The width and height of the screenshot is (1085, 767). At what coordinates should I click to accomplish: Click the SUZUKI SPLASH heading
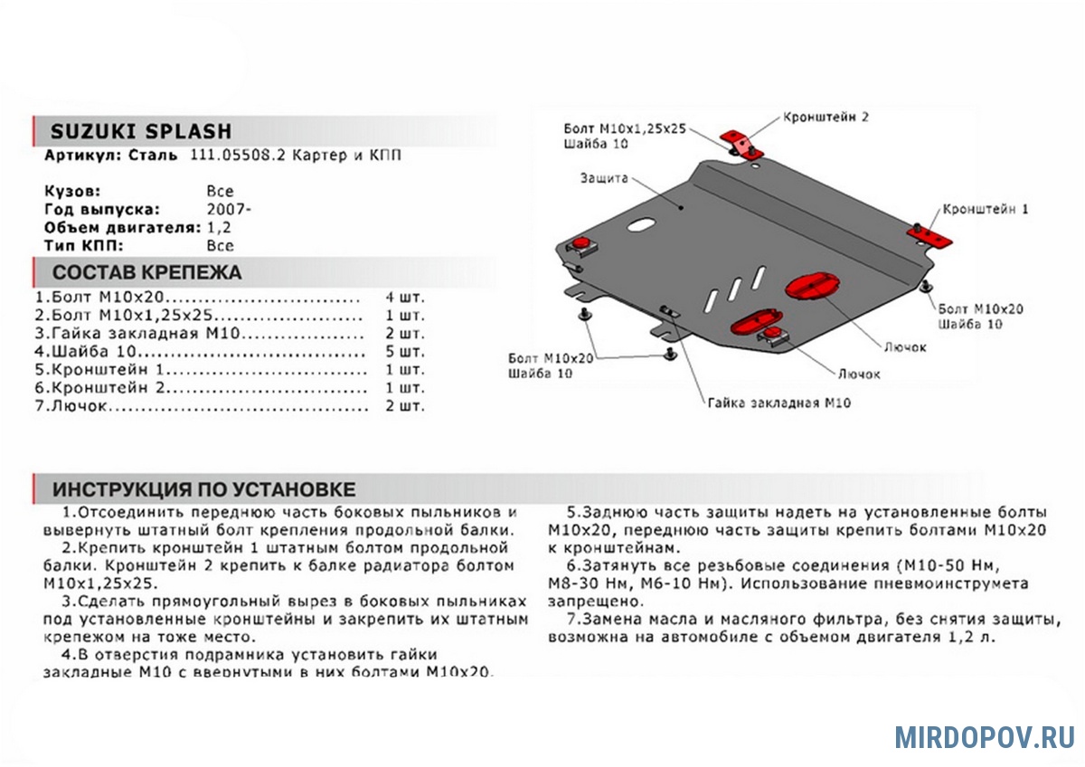pyautogui.click(x=141, y=132)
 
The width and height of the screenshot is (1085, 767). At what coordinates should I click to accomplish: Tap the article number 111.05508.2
pyautogui.click(x=238, y=155)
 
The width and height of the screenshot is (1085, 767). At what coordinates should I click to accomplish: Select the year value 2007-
pyautogui.click(x=229, y=209)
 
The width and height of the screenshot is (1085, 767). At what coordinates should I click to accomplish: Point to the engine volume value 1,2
pyautogui.click(x=219, y=227)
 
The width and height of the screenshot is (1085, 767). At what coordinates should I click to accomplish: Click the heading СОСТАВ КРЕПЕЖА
pyautogui.click(x=146, y=272)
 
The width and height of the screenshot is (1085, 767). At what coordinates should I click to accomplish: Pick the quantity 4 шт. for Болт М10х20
pyautogui.click(x=404, y=297)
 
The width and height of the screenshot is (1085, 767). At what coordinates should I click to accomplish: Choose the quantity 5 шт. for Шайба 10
pyautogui.click(x=404, y=351)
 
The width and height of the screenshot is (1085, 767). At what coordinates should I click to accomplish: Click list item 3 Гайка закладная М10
pyautogui.click(x=137, y=334)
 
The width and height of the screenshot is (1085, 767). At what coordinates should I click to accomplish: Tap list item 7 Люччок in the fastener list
pyautogui.click(x=71, y=405)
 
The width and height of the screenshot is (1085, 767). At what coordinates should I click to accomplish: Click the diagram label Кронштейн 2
pyautogui.click(x=826, y=118)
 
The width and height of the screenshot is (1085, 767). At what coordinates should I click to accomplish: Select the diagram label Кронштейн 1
pyautogui.click(x=985, y=209)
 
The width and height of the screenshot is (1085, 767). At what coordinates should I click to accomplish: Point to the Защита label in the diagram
pyautogui.click(x=604, y=178)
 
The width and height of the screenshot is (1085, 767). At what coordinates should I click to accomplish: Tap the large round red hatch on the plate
pyautogui.click(x=812, y=286)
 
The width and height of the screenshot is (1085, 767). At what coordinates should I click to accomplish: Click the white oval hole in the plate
pyautogui.click(x=641, y=225)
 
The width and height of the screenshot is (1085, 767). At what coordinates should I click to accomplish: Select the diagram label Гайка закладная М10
pyautogui.click(x=778, y=403)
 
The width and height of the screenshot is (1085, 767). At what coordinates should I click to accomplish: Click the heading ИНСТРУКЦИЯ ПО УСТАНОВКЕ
pyautogui.click(x=204, y=489)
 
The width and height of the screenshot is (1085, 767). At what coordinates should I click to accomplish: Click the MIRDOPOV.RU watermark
pyautogui.click(x=985, y=737)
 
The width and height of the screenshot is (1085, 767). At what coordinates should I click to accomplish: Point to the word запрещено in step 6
pyautogui.click(x=595, y=601)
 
